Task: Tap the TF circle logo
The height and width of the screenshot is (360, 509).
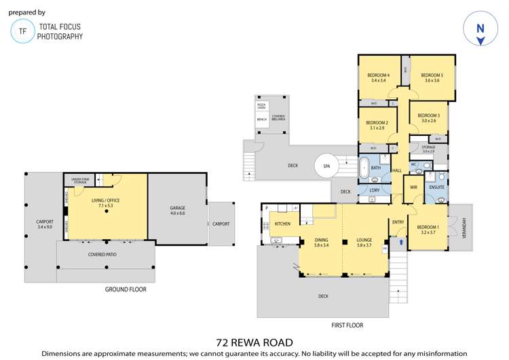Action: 23,31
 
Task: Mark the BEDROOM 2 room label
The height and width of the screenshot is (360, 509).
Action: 377,125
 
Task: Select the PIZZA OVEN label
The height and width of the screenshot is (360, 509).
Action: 261,107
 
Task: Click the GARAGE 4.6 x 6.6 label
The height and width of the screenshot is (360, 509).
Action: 178,210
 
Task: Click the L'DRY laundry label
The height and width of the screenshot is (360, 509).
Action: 375,191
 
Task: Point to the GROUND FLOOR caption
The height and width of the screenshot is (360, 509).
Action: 126,289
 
